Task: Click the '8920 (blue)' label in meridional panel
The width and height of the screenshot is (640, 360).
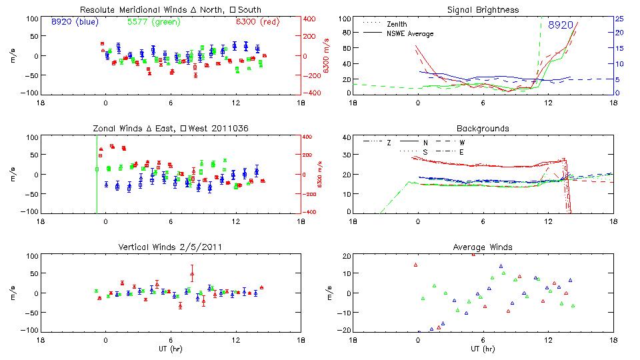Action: click(x=75, y=22)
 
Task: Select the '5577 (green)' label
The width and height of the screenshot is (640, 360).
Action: click(x=152, y=22)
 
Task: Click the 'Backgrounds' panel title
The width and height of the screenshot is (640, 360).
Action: click(x=483, y=128)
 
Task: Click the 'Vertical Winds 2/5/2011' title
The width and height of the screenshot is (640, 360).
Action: click(x=170, y=247)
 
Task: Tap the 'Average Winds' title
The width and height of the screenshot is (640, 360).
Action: click(x=483, y=247)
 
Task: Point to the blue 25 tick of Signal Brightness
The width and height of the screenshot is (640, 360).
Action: click(x=619, y=19)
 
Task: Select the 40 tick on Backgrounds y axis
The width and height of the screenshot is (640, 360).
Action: click(x=346, y=138)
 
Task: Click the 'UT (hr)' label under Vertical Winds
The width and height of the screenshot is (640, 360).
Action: click(x=170, y=349)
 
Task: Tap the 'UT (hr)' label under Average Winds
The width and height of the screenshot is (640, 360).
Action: click(x=483, y=349)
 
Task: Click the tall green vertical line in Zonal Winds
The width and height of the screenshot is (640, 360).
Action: click(x=97, y=173)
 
